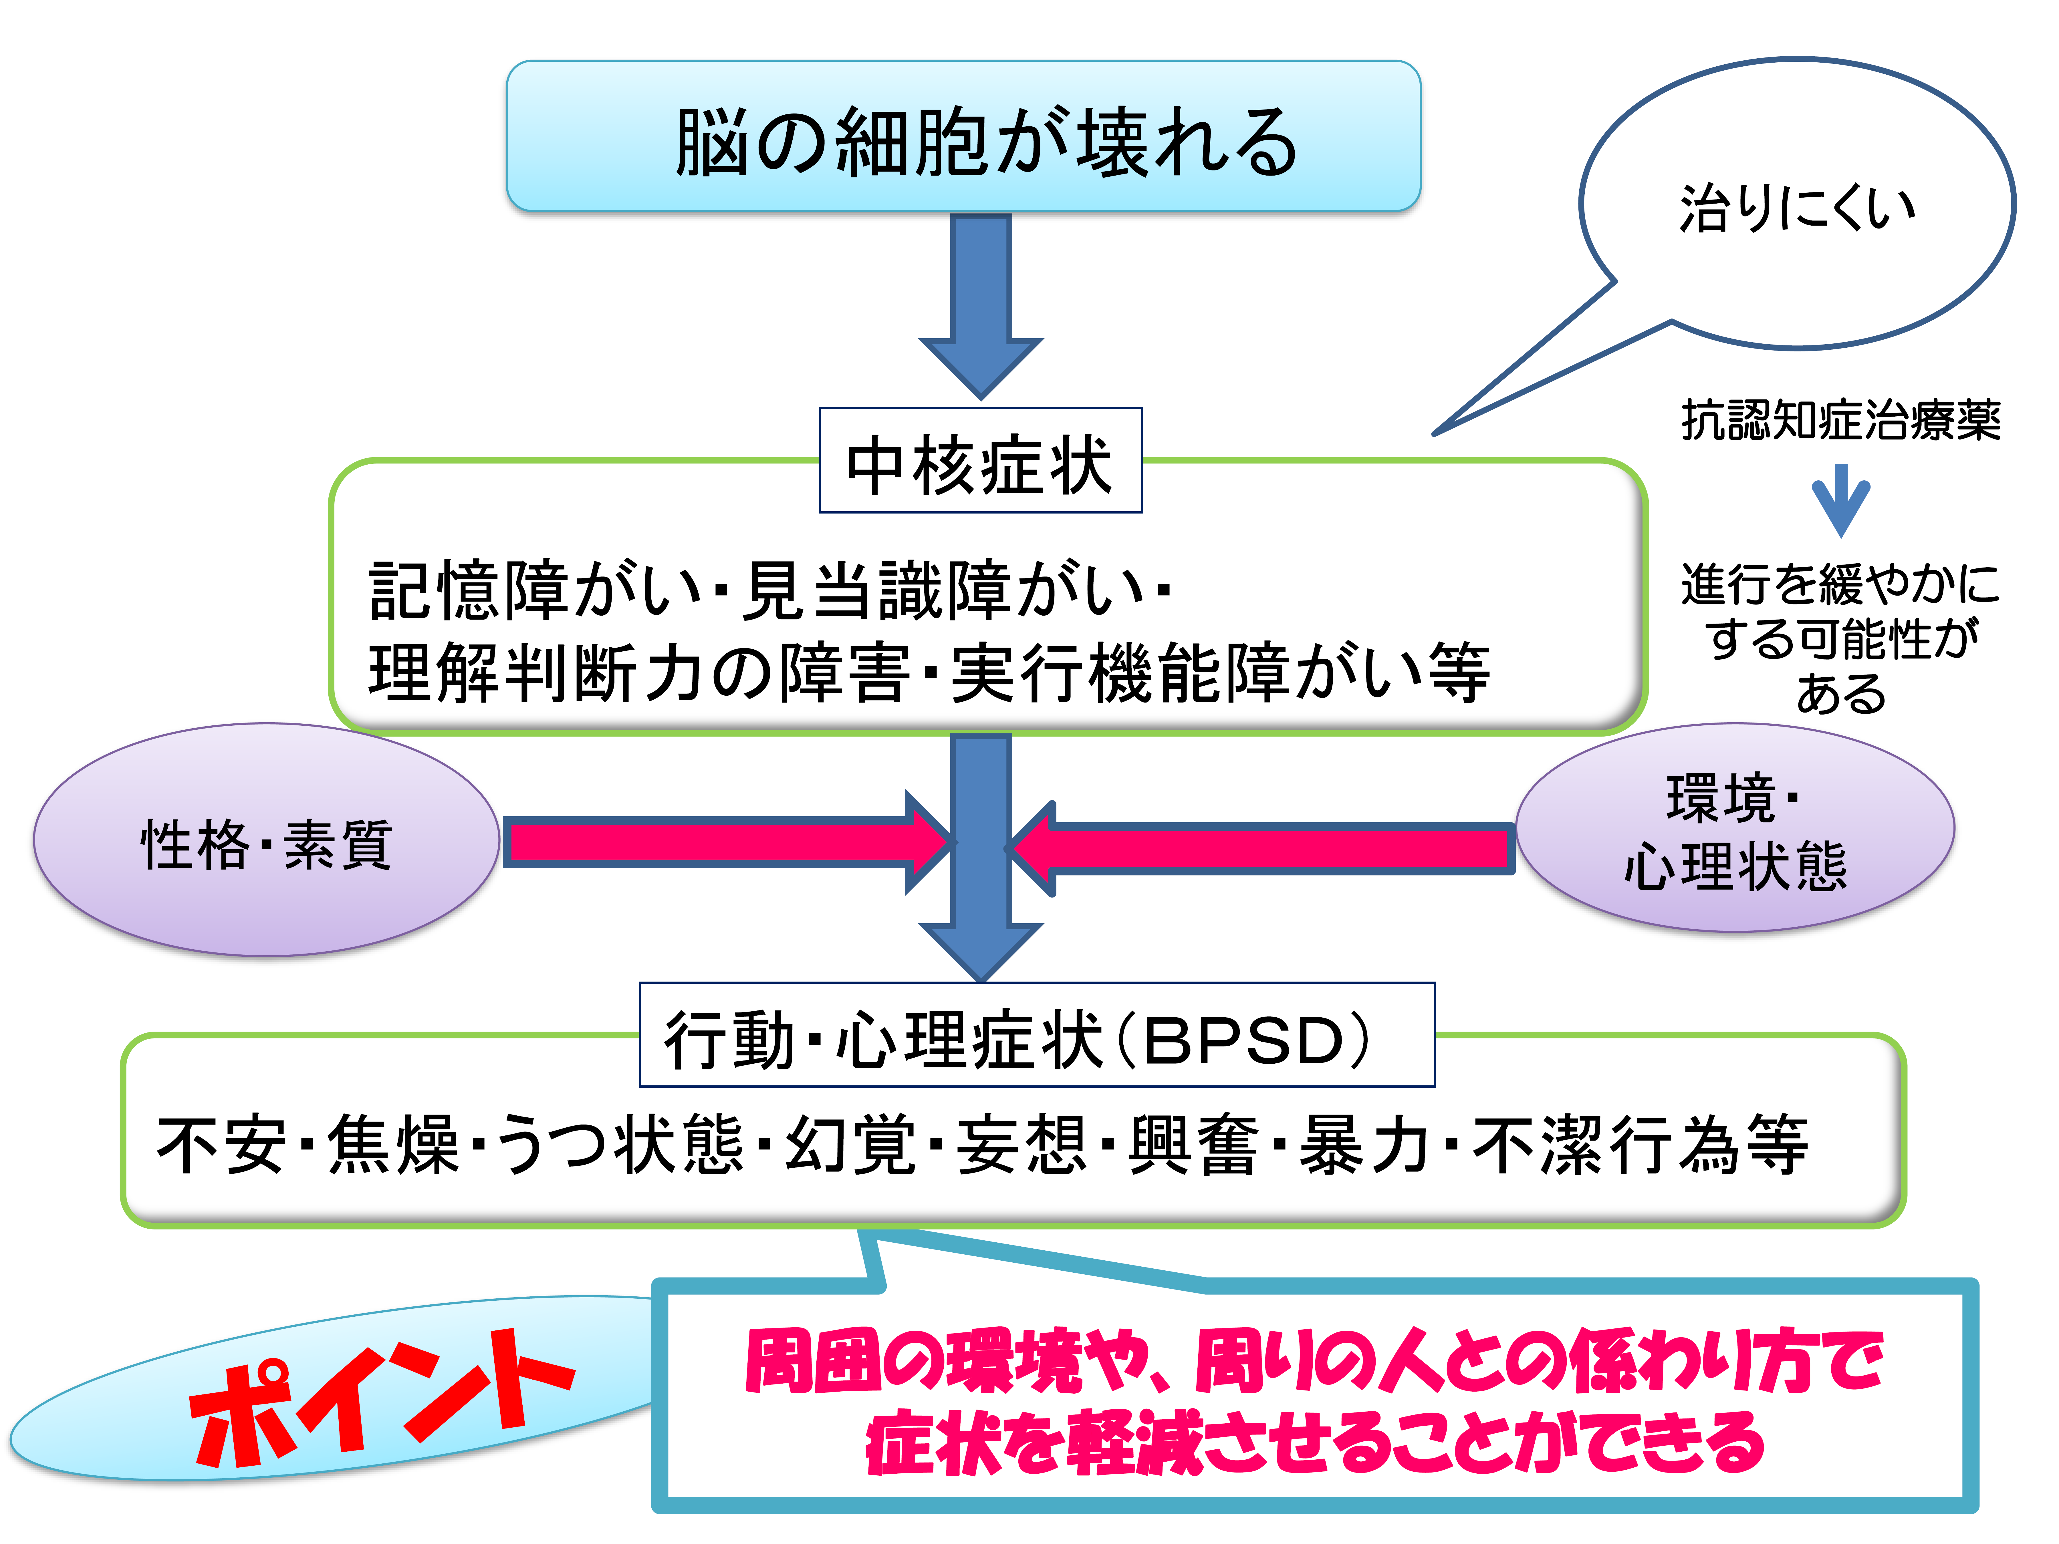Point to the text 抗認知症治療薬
click(1840, 420)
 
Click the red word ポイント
click(382, 1396)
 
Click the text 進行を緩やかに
click(1840, 584)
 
